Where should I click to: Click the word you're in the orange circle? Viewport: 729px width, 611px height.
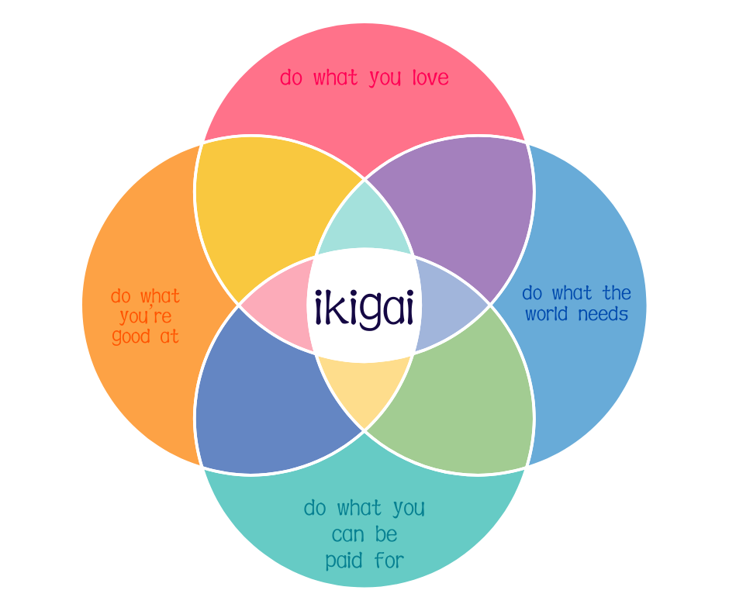(146, 316)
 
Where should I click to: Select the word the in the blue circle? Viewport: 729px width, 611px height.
(617, 293)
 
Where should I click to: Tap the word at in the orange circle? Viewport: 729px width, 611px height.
(170, 337)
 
